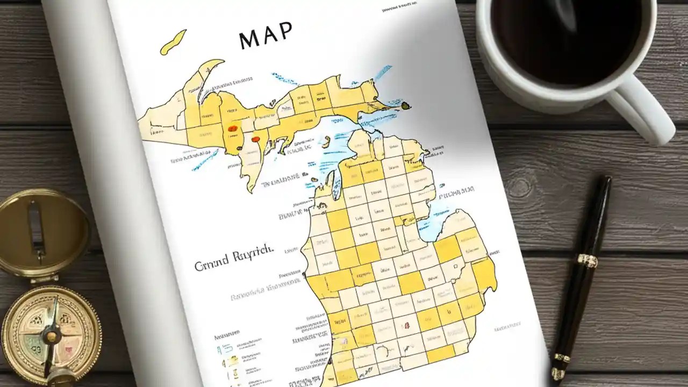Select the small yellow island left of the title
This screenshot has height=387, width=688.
pyautogui.click(x=173, y=42)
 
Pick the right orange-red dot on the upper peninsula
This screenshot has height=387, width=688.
pyautogui.click(x=255, y=139)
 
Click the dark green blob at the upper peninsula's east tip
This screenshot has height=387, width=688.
pyautogui.click(x=406, y=106)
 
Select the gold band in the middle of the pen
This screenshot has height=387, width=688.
pyautogui.click(x=587, y=261)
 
